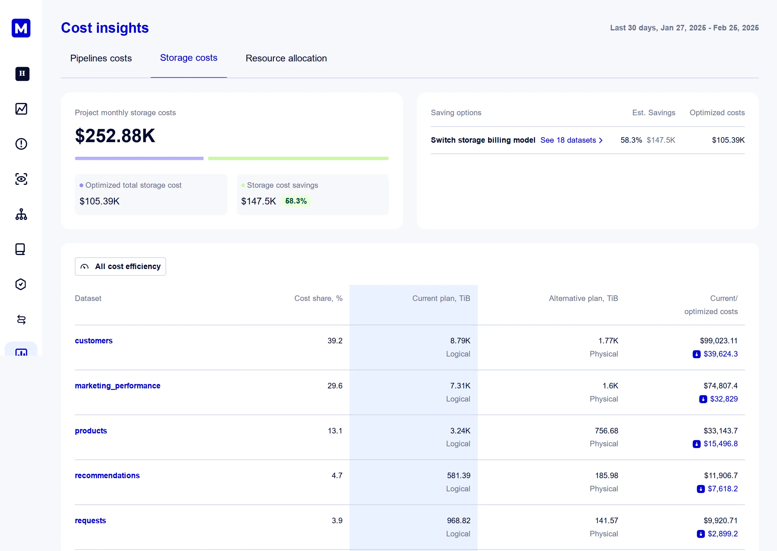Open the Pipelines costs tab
pyautogui.click(x=101, y=58)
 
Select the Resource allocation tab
pyautogui.click(x=286, y=58)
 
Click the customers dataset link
pyautogui.click(x=94, y=341)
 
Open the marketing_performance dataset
pyautogui.click(x=117, y=386)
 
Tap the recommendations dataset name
pyautogui.click(x=107, y=476)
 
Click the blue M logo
pyautogui.click(x=21, y=28)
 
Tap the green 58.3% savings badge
pyautogui.click(x=296, y=201)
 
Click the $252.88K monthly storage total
pyautogui.click(x=115, y=136)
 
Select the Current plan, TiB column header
pyautogui.click(x=441, y=299)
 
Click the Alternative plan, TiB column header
pyautogui.click(x=583, y=299)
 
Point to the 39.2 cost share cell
pyautogui.click(x=335, y=341)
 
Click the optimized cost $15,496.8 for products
pyautogui.click(x=720, y=444)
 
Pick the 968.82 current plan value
pyautogui.click(x=458, y=521)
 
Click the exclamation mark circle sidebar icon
pyautogui.click(x=21, y=144)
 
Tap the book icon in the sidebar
pyautogui.click(x=20, y=249)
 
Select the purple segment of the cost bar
pyautogui.click(x=139, y=159)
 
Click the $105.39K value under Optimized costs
pyautogui.click(x=728, y=140)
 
